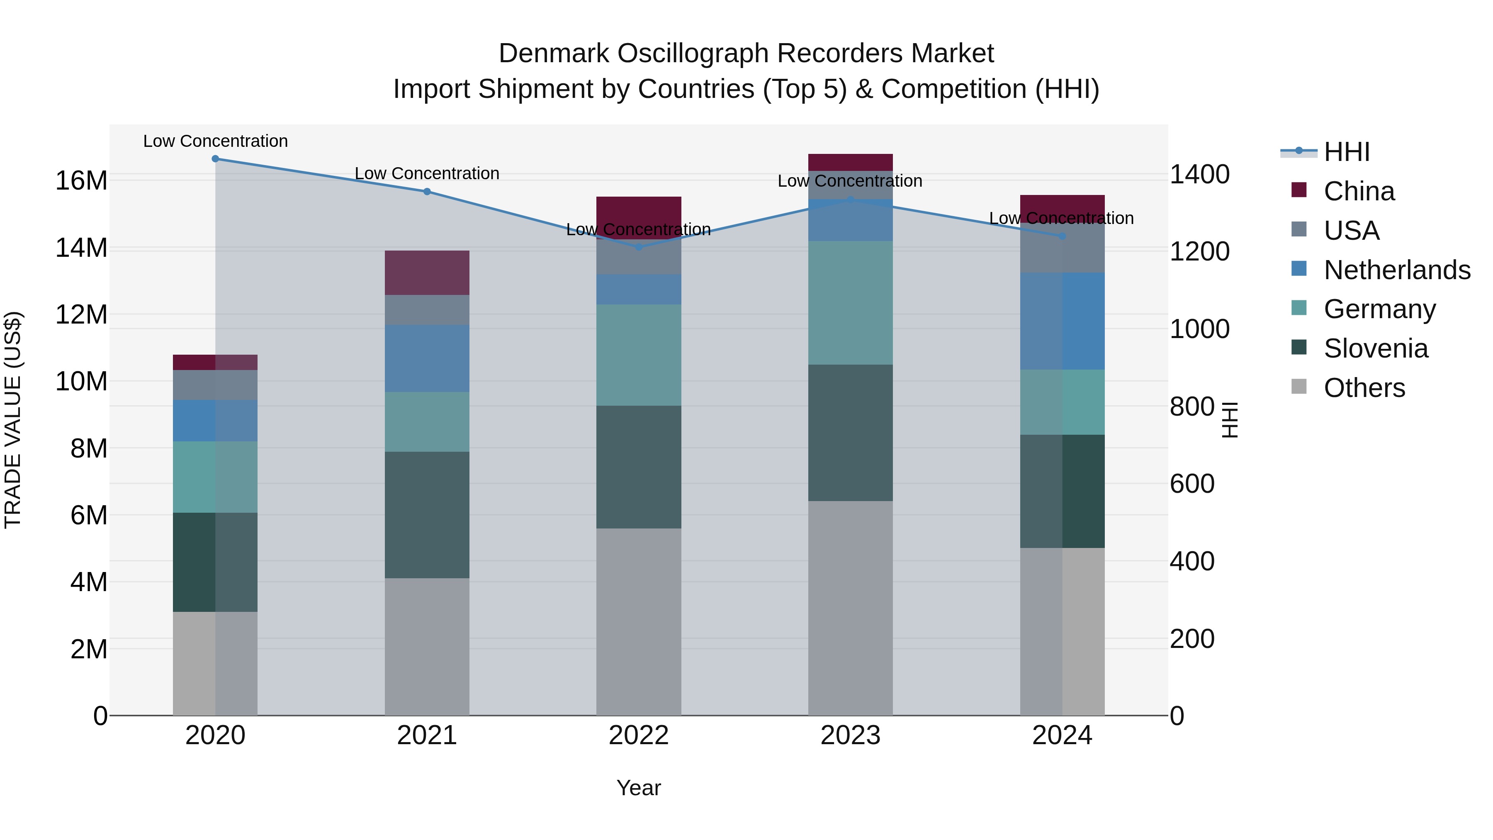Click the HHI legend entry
(x=1346, y=152)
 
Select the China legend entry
(x=1359, y=191)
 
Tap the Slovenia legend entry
(x=1375, y=348)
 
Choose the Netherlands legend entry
(x=1397, y=270)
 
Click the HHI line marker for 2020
(x=215, y=158)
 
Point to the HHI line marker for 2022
(x=639, y=246)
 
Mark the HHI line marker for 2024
(x=1062, y=236)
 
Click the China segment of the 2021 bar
(x=427, y=273)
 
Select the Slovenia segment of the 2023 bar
(x=850, y=433)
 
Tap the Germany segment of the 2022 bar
(x=639, y=355)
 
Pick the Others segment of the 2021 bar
(x=427, y=646)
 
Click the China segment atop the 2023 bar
(x=850, y=162)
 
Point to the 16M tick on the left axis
(x=81, y=181)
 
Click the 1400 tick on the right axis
(x=1199, y=175)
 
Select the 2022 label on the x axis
(x=639, y=735)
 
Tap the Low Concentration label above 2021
(x=427, y=173)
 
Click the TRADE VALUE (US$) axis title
(x=13, y=420)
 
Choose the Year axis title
(x=639, y=788)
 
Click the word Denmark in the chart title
(x=554, y=54)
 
